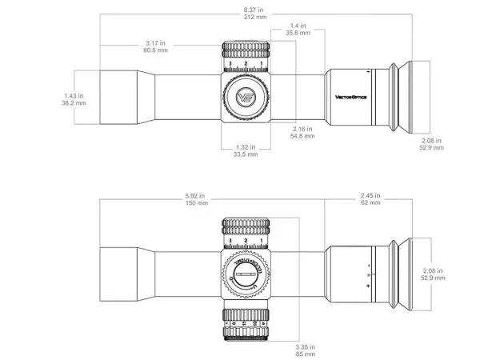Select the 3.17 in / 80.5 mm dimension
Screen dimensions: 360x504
(157, 46)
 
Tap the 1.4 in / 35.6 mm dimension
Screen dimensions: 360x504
(297, 30)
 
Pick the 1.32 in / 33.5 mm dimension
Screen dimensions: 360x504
(246, 151)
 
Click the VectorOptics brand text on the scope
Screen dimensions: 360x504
(350, 98)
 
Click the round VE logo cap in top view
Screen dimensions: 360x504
(246, 98)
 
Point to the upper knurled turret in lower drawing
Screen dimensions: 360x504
(246, 227)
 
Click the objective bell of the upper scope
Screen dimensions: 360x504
(120, 98)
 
